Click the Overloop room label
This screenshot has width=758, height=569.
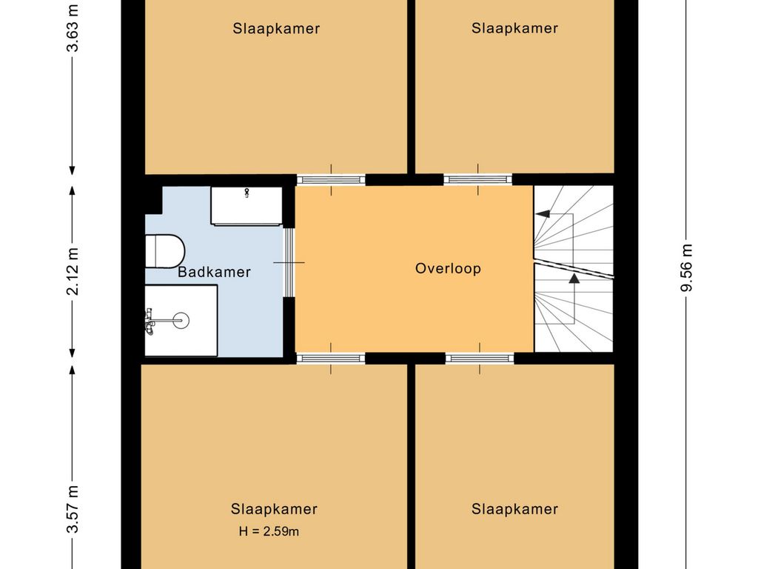(448, 268)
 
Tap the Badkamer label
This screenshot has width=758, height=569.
(214, 272)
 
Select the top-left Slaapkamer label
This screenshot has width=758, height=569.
(276, 29)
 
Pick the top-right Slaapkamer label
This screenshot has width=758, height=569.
(514, 28)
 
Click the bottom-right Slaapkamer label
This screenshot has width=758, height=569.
(514, 509)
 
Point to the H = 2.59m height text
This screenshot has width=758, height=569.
(269, 530)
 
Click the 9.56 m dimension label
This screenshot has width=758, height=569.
(687, 267)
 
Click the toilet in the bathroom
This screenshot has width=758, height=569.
(164, 250)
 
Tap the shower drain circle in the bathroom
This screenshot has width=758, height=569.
(181, 320)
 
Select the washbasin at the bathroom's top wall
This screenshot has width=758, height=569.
(246, 206)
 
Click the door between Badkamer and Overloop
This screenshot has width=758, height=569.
(289, 262)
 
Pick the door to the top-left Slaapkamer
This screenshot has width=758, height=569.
(331, 179)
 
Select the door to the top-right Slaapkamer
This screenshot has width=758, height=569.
(477, 179)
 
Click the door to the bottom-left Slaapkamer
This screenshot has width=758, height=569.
(331, 358)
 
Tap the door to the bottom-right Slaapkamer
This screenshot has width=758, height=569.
(479, 358)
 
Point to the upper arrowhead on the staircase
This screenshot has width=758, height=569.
(543, 214)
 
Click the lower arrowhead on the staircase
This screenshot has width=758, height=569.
(574, 279)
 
